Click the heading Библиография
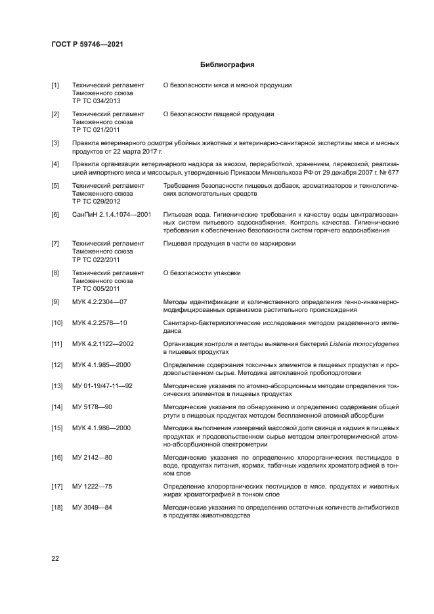(x=227, y=65)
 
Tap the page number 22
(x=56, y=559)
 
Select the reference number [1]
(x=56, y=85)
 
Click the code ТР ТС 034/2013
(x=96, y=101)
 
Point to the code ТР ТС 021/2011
(x=96, y=130)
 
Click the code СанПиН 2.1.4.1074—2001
(x=112, y=215)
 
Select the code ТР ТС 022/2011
(x=96, y=259)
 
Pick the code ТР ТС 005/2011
(x=96, y=288)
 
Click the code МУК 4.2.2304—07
(x=99, y=302)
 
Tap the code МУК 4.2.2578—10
(x=99, y=323)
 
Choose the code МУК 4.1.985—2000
(x=102, y=365)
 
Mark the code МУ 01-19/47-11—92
(x=102, y=386)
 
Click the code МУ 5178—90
(x=92, y=407)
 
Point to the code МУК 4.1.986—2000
(x=102, y=428)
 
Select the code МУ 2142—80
(x=92, y=457)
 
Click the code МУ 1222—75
(x=92, y=487)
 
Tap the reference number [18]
(x=57, y=508)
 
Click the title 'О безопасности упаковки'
(x=202, y=273)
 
